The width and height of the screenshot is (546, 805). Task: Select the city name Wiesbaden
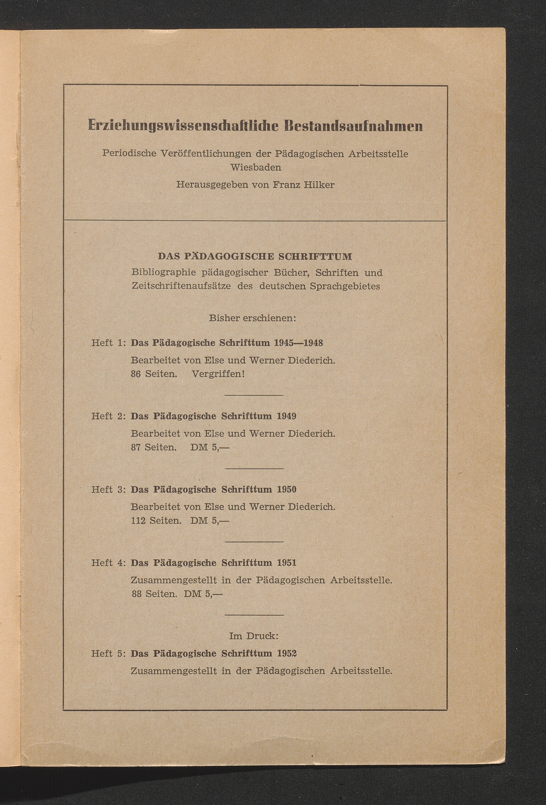click(256, 167)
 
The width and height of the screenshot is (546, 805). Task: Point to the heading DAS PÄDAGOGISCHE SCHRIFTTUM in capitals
click(255, 257)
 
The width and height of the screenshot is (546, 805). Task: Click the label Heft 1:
click(108, 343)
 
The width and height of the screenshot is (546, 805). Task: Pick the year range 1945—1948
click(299, 343)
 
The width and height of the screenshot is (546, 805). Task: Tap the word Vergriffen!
click(218, 374)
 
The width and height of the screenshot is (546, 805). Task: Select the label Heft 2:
click(108, 416)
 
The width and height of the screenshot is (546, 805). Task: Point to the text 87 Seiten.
click(154, 447)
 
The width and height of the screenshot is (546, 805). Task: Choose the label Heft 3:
click(108, 489)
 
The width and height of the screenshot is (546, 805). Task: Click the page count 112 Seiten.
click(156, 521)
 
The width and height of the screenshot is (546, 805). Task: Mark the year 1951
click(287, 563)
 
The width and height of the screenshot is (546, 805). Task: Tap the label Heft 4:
click(108, 563)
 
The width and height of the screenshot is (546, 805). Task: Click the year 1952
click(287, 653)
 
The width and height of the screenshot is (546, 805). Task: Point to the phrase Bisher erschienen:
click(253, 318)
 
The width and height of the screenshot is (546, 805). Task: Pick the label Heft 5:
click(108, 653)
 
